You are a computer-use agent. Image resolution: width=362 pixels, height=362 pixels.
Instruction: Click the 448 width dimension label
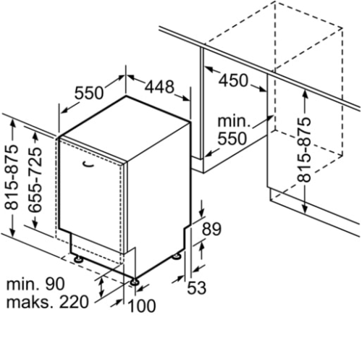click(159, 87)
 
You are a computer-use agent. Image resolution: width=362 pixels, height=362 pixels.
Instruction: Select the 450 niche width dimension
click(233, 80)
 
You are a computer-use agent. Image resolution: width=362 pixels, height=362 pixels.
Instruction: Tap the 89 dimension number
click(211, 229)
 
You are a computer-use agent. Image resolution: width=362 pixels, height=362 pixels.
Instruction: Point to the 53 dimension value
click(197, 287)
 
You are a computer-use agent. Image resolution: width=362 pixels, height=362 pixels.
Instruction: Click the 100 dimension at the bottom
click(142, 306)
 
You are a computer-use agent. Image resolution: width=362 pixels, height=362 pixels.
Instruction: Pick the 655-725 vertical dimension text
click(35, 180)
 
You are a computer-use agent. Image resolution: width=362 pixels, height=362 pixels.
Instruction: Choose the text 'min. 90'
click(35, 284)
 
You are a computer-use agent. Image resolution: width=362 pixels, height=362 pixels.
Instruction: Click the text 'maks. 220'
click(48, 302)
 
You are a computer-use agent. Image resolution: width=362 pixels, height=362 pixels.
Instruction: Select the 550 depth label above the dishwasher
click(89, 93)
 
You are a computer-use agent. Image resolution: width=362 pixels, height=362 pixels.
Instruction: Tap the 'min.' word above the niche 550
click(234, 121)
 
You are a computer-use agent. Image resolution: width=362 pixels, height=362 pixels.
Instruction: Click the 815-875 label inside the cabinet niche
click(303, 150)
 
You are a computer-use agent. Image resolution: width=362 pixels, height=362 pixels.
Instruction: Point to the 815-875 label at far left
click(11, 177)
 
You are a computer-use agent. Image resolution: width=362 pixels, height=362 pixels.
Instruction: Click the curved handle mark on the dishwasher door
click(87, 164)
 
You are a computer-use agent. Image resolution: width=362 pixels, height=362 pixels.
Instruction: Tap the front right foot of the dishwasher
click(133, 282)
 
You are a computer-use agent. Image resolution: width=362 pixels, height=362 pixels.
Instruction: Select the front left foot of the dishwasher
click(79, 259)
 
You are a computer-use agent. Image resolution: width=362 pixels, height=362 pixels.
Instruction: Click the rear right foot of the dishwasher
click(177, 256)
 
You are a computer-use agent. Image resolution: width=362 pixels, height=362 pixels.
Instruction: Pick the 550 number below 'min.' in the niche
click(232, 138)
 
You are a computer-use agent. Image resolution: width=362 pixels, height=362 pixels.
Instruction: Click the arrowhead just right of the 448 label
click(185, 98)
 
